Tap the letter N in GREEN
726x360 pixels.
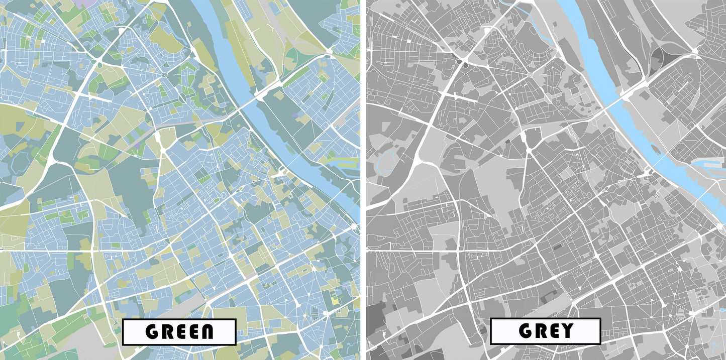204,332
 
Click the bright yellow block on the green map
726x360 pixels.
334,301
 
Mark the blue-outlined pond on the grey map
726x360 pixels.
385,163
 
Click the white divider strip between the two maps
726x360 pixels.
363,180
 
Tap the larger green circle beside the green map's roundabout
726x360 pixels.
99,65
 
